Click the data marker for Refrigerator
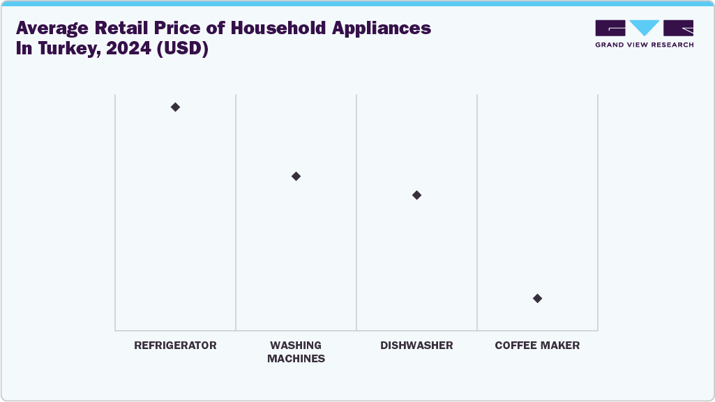click(175, 107)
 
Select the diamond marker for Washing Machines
click(296, 176)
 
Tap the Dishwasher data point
click(416, 195)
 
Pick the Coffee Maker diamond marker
click(537, 298)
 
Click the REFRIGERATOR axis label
click(175, 346)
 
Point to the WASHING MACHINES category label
click(296, 352)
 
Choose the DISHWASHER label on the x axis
click(416, 346)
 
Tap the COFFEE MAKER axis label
click(537, 346)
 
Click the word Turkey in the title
click(68, 50)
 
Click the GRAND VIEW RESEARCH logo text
click(644, 45)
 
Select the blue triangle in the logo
click(644, 28)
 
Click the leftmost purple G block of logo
click(610, 28)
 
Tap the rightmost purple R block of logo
click(679, 28)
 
